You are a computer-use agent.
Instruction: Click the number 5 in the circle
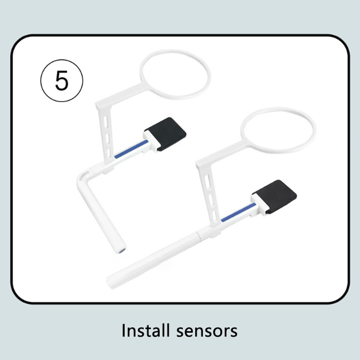pyautogui.click(x=62, y=81)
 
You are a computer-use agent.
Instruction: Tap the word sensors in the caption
pyautogui.click(x=207, y=331)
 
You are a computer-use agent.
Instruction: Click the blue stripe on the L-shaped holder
pyautogui.click(x=131, y=149)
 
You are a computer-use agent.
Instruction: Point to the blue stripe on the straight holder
pyautogui.click(x=238, y=212)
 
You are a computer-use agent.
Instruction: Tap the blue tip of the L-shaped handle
pyautogui.click(x=123, y=251)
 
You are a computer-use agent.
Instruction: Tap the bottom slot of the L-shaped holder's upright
pyautogui.click(x=109, y=153)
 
